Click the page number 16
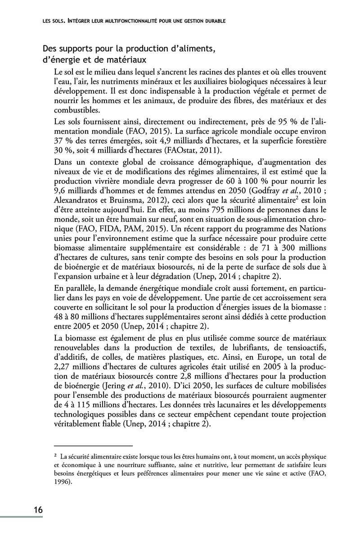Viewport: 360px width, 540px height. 38,510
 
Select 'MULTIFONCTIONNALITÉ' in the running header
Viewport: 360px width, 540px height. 115,20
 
